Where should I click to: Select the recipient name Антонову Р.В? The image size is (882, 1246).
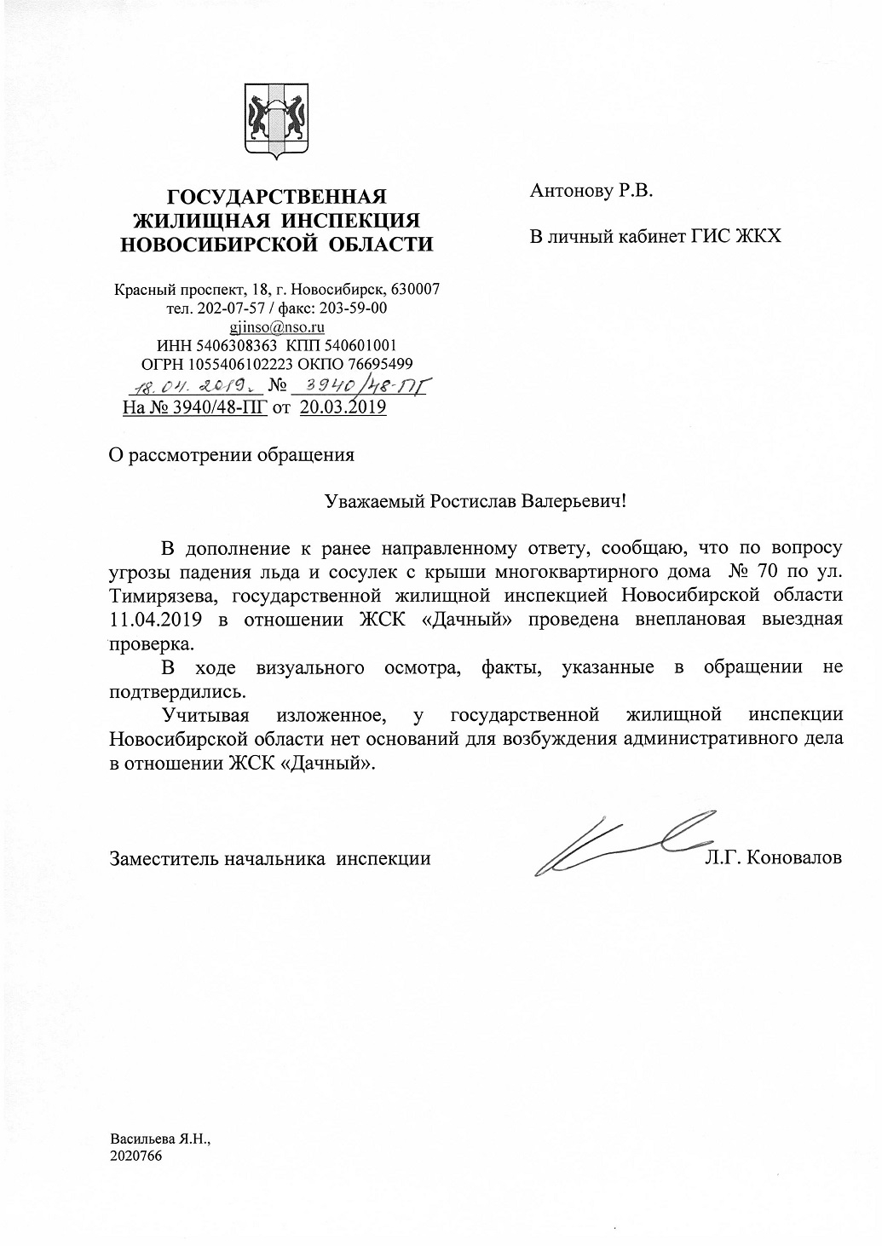coord(591,191)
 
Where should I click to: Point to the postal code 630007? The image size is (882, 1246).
coord(414,289)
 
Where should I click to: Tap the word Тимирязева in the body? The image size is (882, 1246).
coord(160,593)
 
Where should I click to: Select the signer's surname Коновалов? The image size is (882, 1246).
coord(794,857)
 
